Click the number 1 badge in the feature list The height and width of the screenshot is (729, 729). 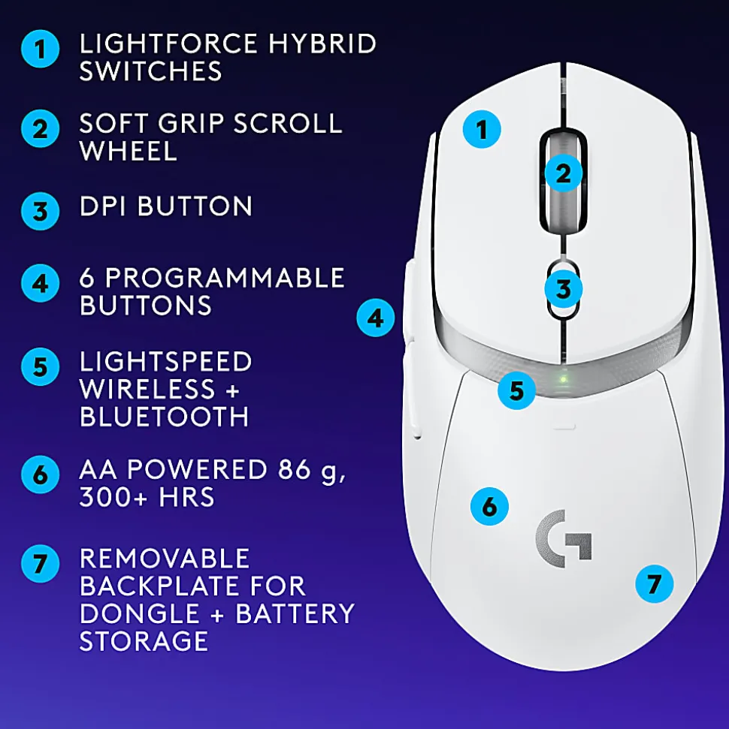coord(40,49)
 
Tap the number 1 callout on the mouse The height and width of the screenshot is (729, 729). coord(482,129)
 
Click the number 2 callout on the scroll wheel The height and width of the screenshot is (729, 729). coord(563,173)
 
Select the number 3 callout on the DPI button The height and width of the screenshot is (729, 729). coord(563,289)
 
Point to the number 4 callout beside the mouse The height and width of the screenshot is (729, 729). coord(376,318)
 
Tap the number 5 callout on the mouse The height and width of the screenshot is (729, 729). coord(516,390)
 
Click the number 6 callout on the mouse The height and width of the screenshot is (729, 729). coord(489,506)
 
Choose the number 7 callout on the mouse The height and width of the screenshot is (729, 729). coord(654,584)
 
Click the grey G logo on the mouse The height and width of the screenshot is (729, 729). coord(564,538)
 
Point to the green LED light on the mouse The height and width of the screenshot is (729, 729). coord(564,379)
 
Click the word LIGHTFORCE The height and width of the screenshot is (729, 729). coord(168,44)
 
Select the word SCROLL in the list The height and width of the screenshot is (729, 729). coord(288,124)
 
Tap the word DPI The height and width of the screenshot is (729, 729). coord(103,206)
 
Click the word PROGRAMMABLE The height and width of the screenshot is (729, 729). coord(225,278)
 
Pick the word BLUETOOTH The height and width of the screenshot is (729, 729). coord(165,417)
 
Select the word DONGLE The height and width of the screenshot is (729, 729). coord(140,613)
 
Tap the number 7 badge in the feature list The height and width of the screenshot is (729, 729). coord(40,564)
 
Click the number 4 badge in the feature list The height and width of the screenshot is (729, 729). coord(40,283)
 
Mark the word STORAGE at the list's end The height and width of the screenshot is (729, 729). coord(144,641)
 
